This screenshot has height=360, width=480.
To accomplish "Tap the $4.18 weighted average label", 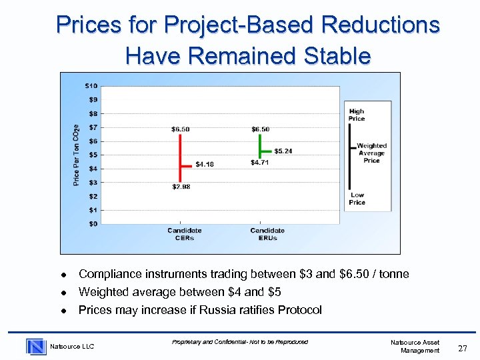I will [204, 164].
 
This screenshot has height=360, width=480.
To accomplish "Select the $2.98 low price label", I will [181, 187].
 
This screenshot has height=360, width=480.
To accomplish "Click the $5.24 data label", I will [283, 151].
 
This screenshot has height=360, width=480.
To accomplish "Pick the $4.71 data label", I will [260, 163].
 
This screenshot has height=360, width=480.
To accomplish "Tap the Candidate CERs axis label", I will [184, 234].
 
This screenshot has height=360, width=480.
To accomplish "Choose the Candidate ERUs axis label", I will [267, 234].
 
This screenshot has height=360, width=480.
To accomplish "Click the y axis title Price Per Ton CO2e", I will [77, 155].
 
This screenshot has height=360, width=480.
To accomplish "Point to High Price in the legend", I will [357, 115].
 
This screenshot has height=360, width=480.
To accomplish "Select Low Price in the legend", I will [357, 199].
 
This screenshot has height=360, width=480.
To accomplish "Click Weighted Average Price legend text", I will [371, 153].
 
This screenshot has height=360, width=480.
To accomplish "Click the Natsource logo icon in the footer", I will [36, 346].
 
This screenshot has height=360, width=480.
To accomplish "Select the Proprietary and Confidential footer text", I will [240, 342].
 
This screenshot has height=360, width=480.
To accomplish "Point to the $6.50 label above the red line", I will [180, 129].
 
